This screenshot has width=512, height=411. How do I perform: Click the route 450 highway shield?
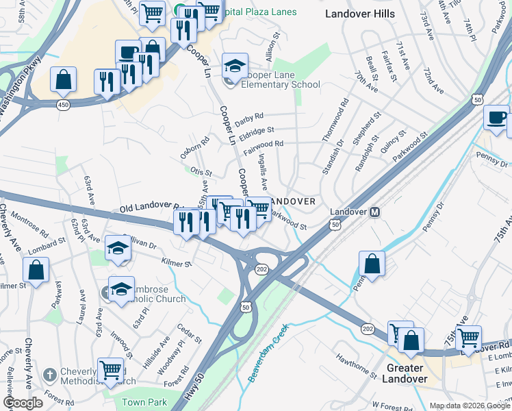click(x=63, y=104)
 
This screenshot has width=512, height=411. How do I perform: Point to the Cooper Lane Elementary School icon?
click(x=235, y=66)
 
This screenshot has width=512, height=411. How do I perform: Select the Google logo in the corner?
click(x=23, y=403)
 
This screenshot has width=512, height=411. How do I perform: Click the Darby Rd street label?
click(x=249, y=119)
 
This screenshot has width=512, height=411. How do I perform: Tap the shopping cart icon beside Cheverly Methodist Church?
click(x=110, y=371)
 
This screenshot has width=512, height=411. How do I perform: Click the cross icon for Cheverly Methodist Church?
click(x=49, y=375)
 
